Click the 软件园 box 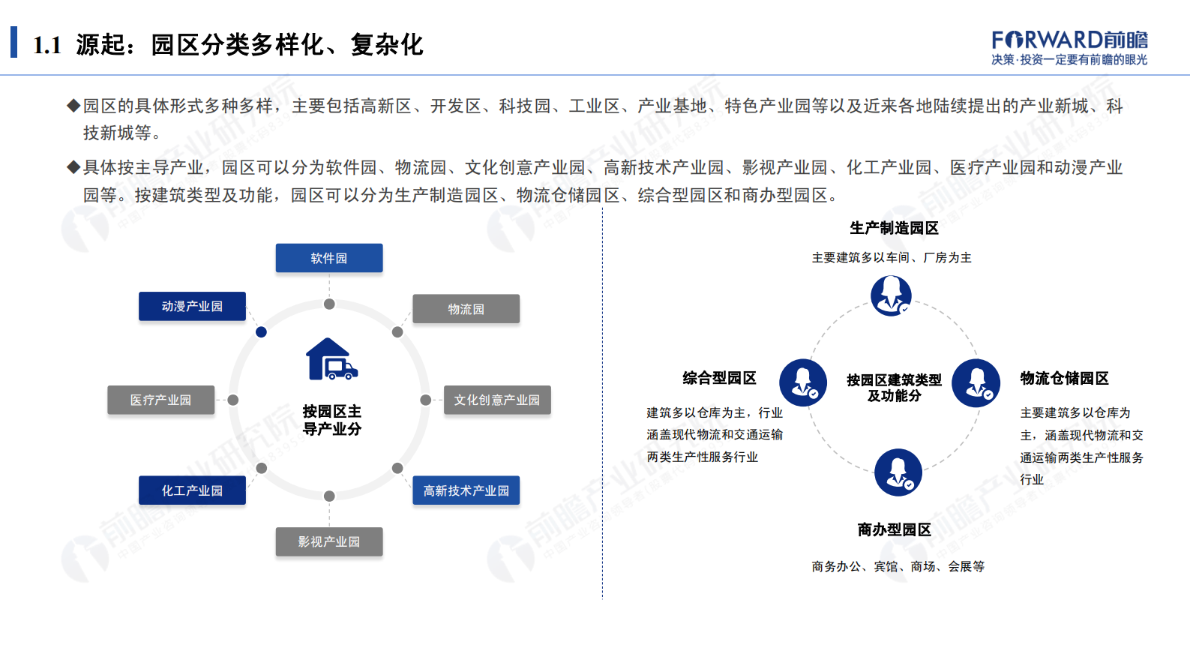pyautogui.click(x=329, y=258)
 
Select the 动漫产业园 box pyautogui.click(x=192, y=306)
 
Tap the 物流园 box pyautogui.click(x=466, y=309)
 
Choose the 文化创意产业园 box pyautogui.click(x=497, y=400)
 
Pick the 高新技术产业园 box pyautogui.click(x=466, y=490)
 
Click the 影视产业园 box pyautogui.click(x=329, y=541)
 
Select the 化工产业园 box pyautogui.click(x=192, y=490)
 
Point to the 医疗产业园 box pyautogui.click(x=160, y=400)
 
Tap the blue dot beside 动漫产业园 pyautogui.click(x=261, y=331)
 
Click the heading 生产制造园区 pyautogui.click(x=894, y=228)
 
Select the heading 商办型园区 pyautogui.click(x=894, y=529)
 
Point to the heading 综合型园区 pyautogui.click(x=719, y=378)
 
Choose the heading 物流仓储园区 pyautogui.click(x=1064, y=378)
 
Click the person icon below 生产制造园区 pyautogui.click(x=891, y=295)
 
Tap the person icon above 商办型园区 pyautogui.click(x=898, y=472)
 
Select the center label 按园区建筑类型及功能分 pyautogui.click(x=894, y=388)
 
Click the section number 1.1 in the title pyautogui.click(x=47, y=46)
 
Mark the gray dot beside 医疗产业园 pyautogui.click(x=233, y=400)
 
